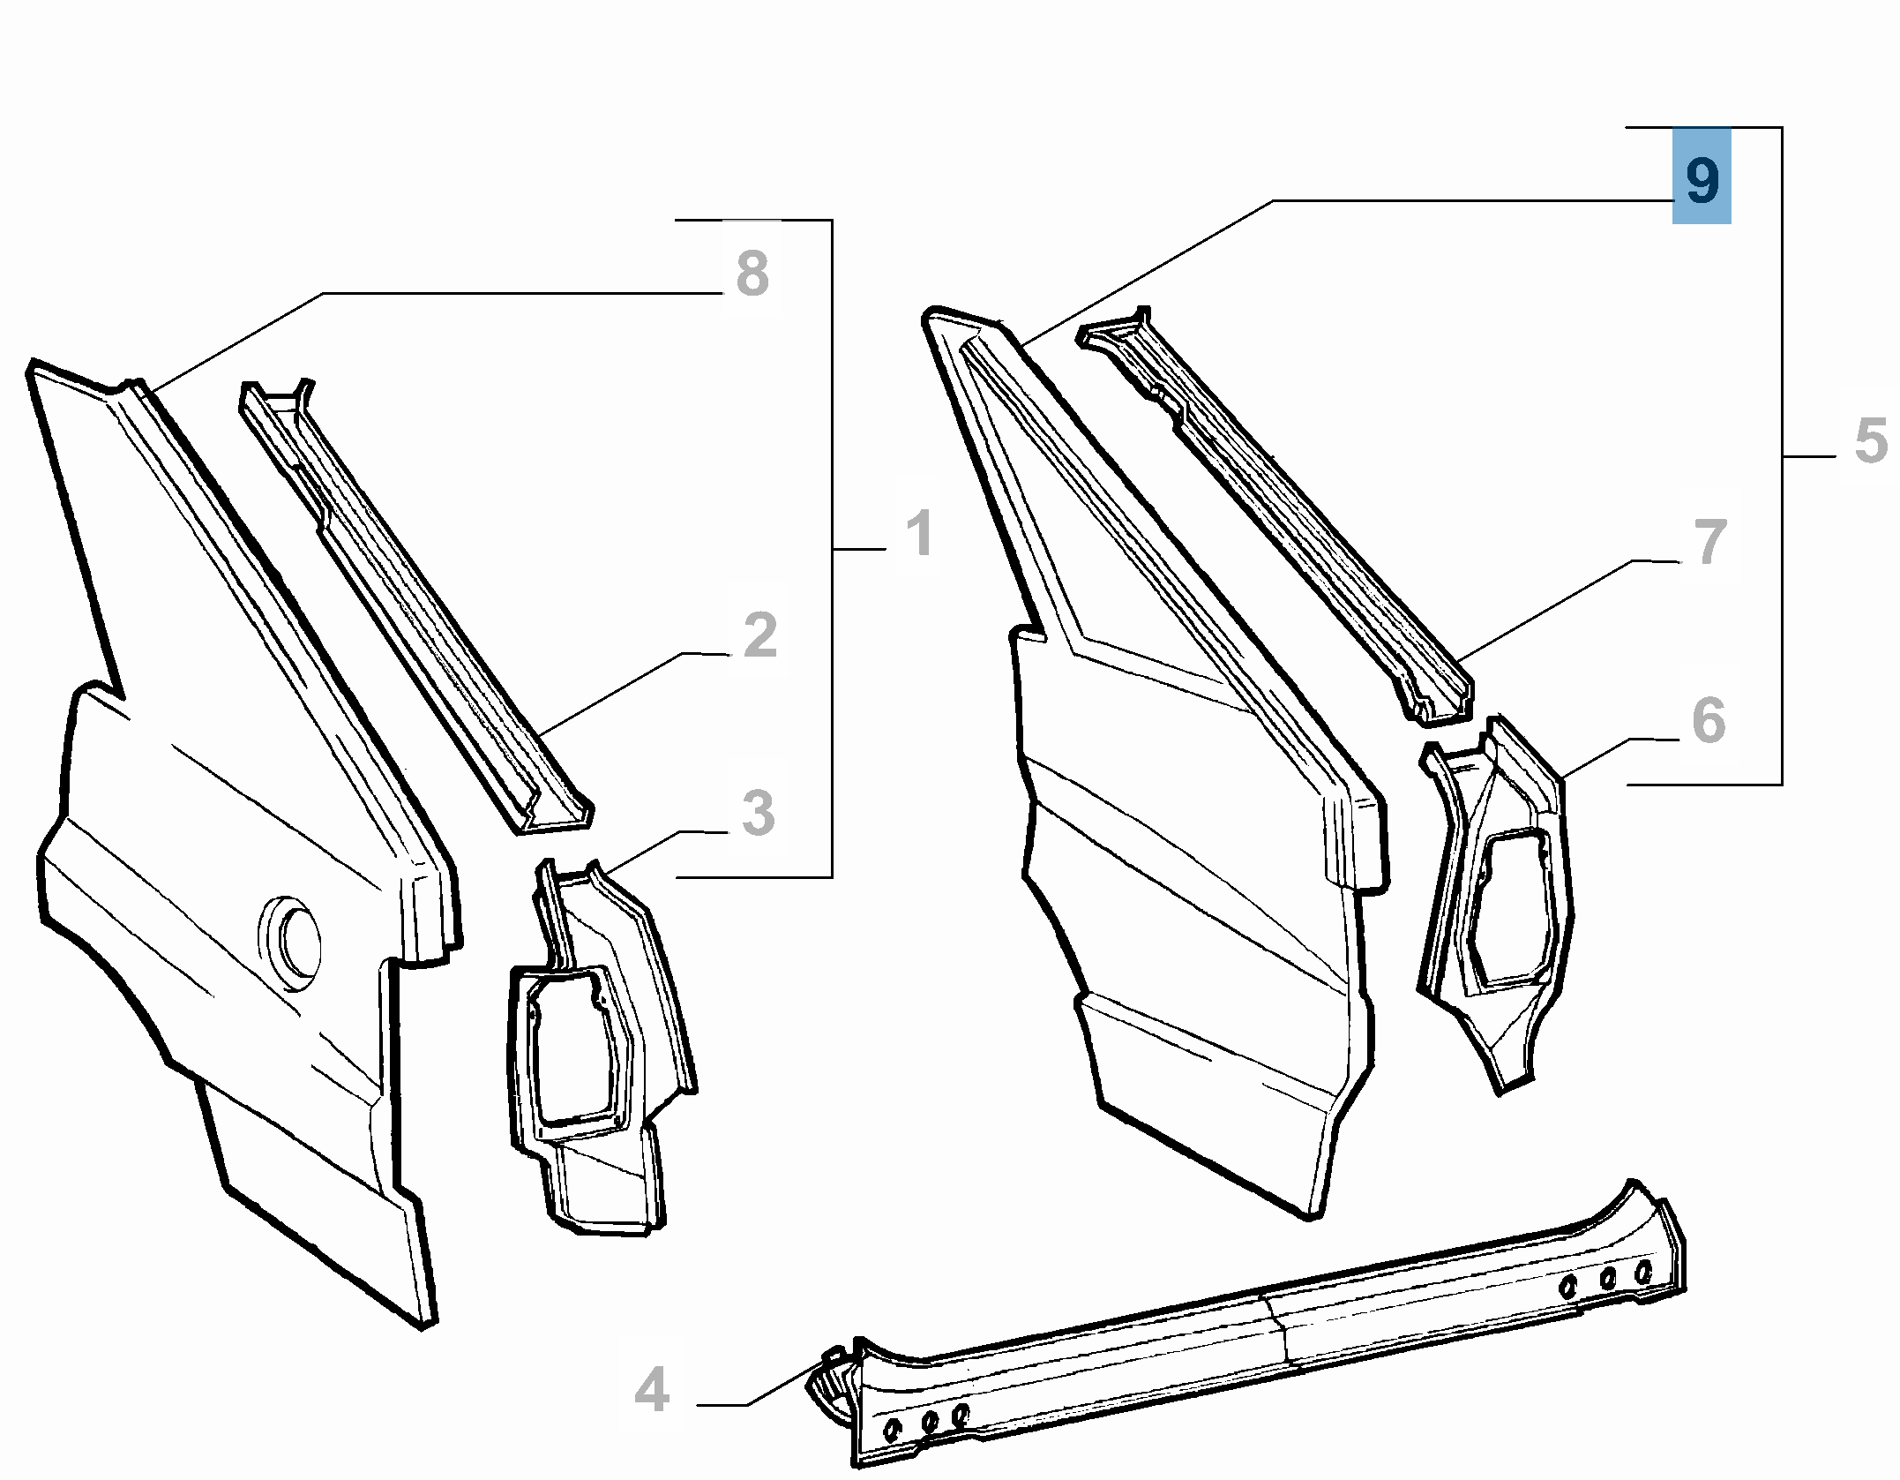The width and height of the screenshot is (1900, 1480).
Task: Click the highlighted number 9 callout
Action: (x=1702, y=176)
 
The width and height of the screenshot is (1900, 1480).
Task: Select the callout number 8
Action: (x=752, y=273)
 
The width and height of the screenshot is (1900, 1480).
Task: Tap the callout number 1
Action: (x=920, y=532)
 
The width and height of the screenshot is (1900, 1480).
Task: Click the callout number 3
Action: (x=759, y=812)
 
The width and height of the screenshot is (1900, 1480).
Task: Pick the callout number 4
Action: (x=652, y=1390)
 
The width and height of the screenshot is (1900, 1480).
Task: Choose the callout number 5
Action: (x=1871, y=440)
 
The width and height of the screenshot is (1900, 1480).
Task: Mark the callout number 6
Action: (x=1709, y=720)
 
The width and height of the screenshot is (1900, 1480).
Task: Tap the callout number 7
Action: (x=1710, y=541)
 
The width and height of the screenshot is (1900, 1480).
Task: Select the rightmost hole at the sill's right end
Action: (x=1642, y=1272)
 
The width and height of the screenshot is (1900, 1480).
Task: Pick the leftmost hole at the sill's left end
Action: (x=892, y=1429)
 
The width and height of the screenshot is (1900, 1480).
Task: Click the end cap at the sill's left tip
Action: (x=829, y=1391)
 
